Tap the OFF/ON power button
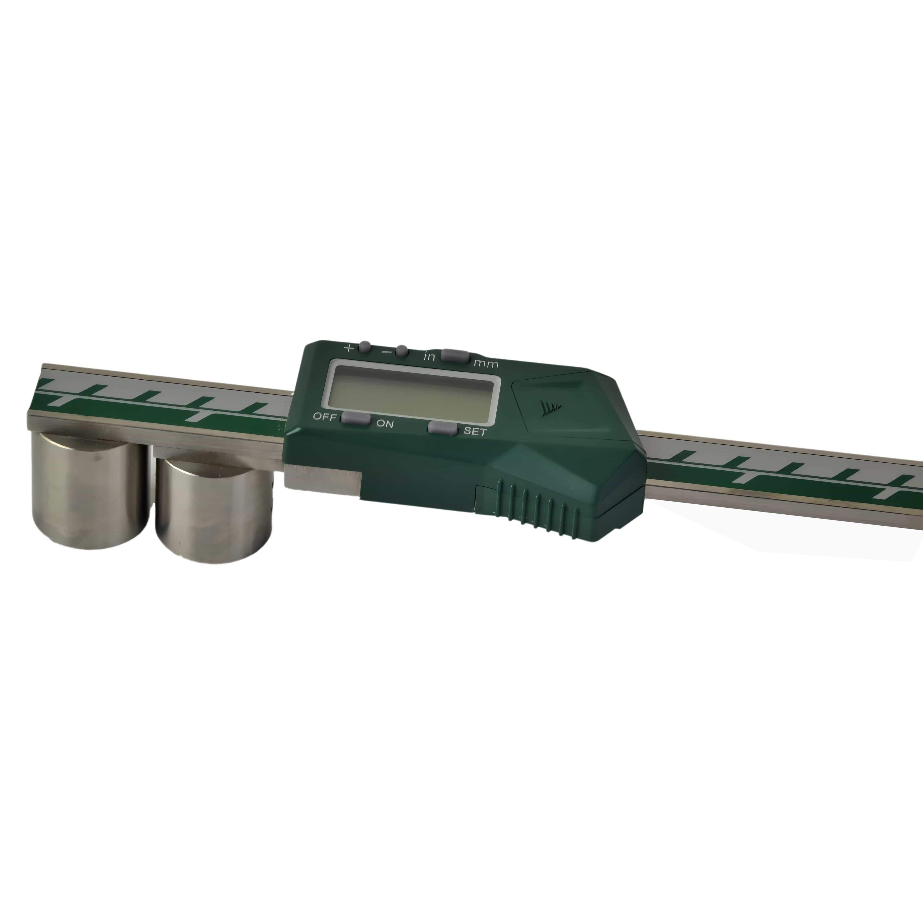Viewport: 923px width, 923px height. (355, 419)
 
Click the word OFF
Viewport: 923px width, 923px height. (324, 416)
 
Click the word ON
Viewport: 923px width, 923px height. (385, 423)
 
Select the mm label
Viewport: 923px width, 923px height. (486, 365)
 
